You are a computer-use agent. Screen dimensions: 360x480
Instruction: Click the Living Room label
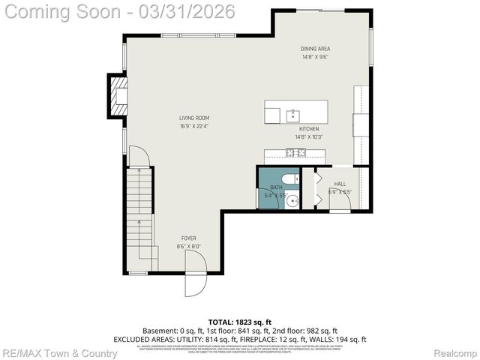193,118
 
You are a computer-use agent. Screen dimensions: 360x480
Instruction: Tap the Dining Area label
316,49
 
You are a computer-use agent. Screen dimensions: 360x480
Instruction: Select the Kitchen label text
308,129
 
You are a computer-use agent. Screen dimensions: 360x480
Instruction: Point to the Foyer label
188,238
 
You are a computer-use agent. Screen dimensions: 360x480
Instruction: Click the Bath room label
276,187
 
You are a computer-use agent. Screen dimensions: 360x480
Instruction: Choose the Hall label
340,184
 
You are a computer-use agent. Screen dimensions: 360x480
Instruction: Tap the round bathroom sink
293,199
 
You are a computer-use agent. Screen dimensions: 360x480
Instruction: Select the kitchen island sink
292,115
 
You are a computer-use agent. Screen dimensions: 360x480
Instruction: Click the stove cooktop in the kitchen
295,153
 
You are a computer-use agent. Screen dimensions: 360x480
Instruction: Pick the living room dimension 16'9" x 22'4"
193,126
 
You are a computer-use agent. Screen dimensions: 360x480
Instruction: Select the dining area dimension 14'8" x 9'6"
316,57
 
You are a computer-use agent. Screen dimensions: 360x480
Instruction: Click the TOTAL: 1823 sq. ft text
239,320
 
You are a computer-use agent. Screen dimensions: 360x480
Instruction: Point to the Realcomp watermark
456,352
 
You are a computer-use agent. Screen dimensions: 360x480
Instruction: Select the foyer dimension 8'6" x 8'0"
188,247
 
